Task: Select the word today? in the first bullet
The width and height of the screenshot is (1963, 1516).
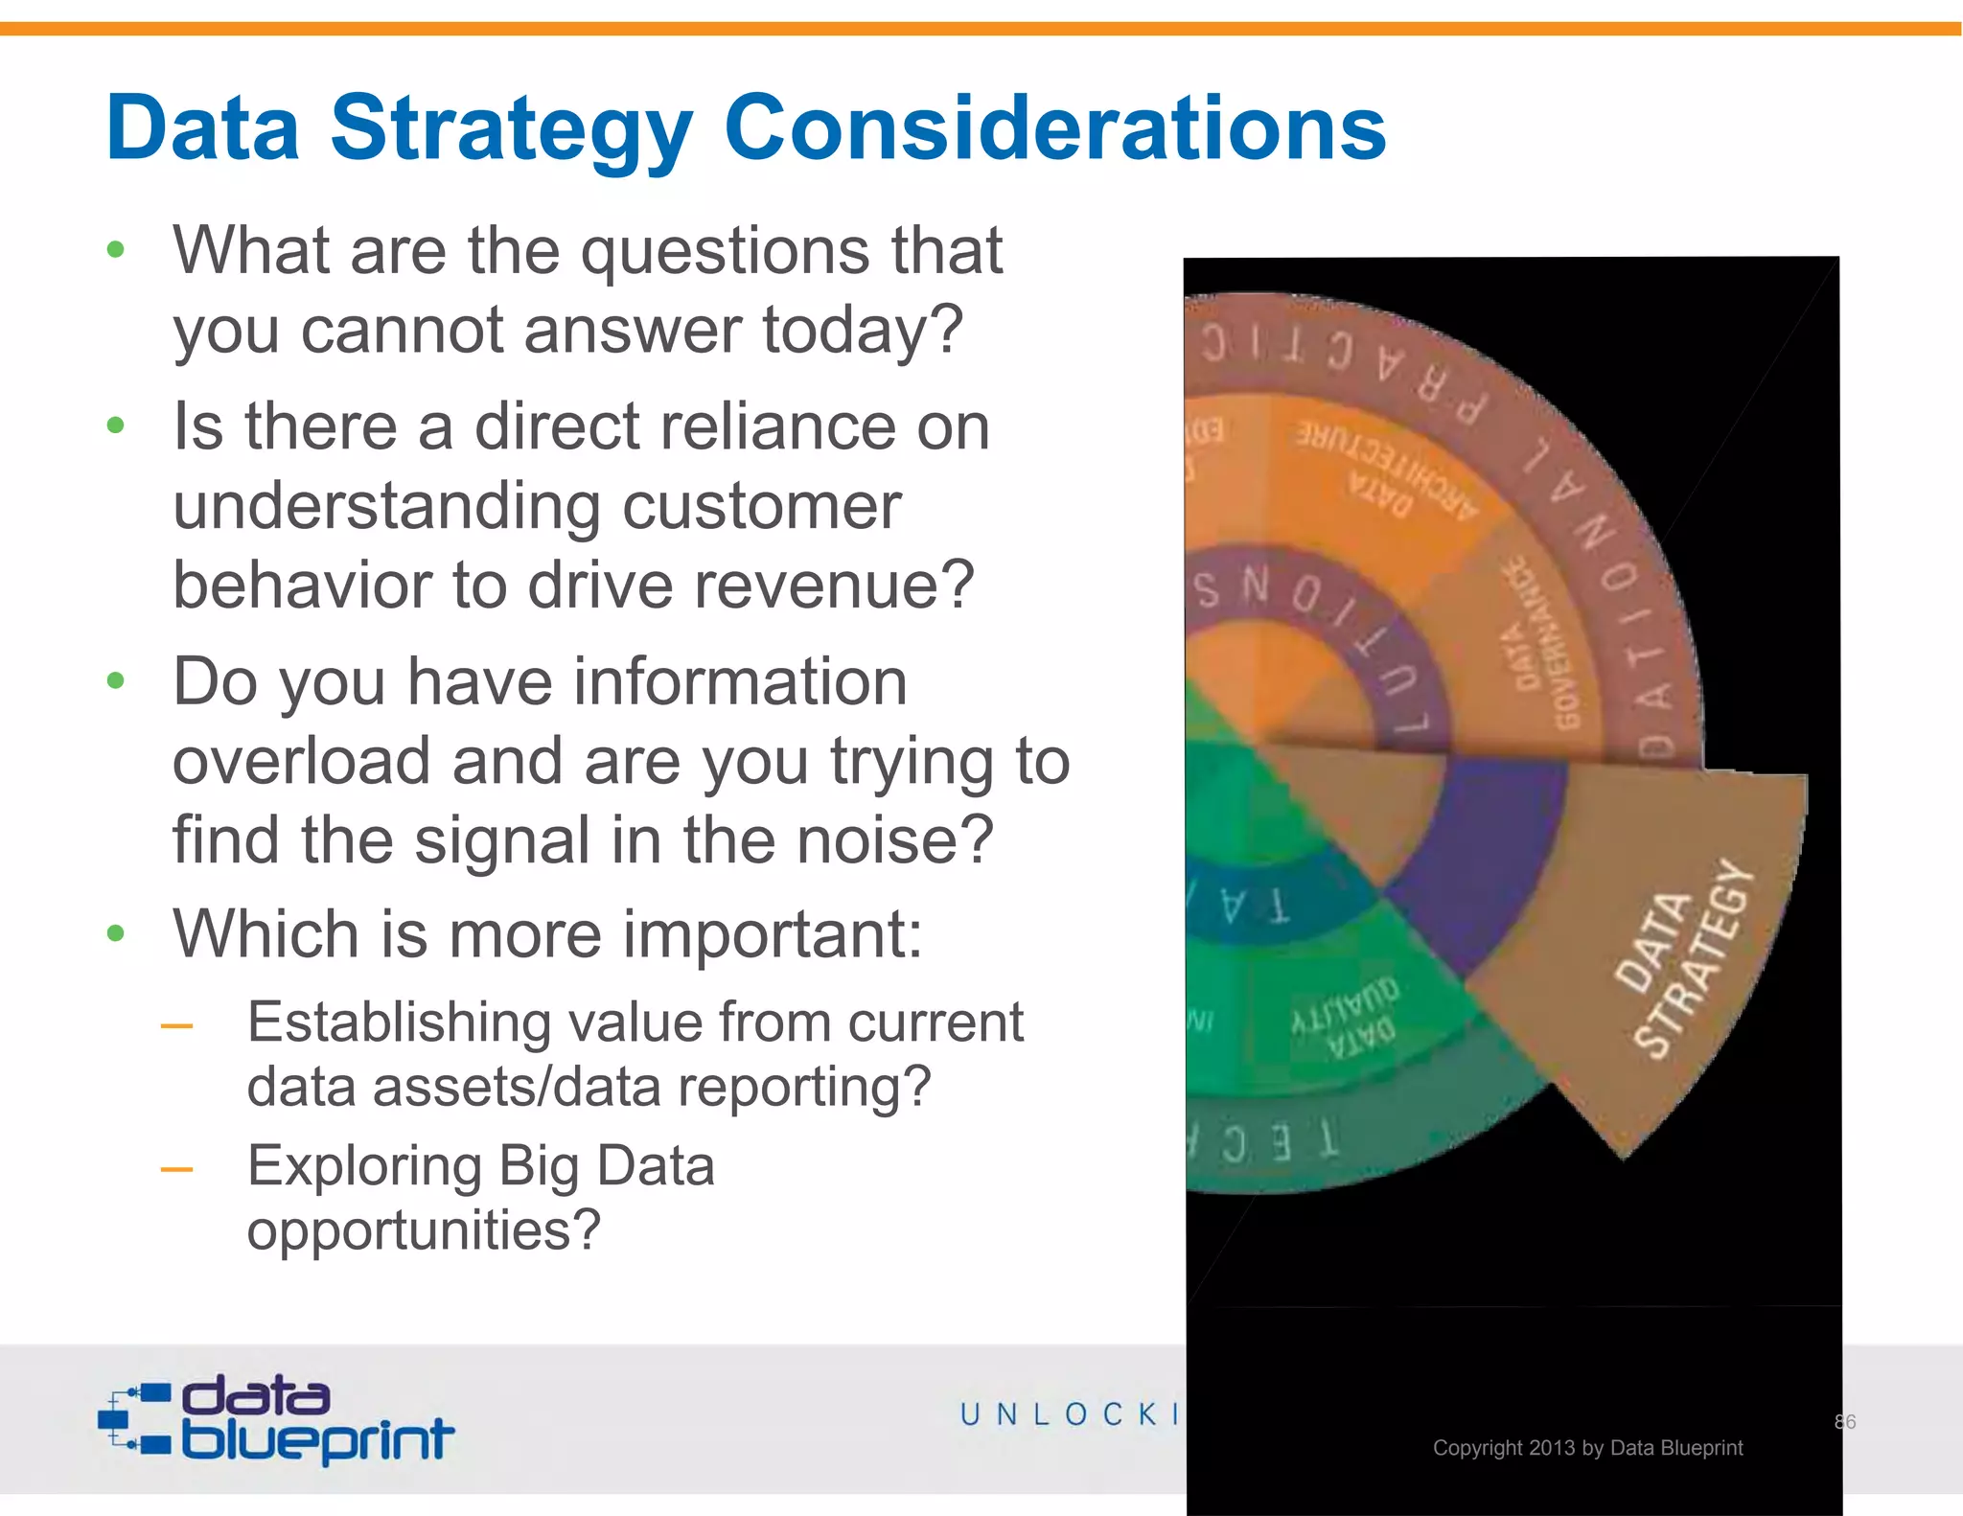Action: [x=862, y=331]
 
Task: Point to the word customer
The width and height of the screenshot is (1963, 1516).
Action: [x=761, y=506]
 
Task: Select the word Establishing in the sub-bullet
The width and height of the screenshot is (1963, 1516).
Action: [x=399, y=1022]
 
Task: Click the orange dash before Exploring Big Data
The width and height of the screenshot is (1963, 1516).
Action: [x=177, y=1169]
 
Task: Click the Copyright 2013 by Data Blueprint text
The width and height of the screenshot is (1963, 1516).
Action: [x=1587, y=1447]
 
